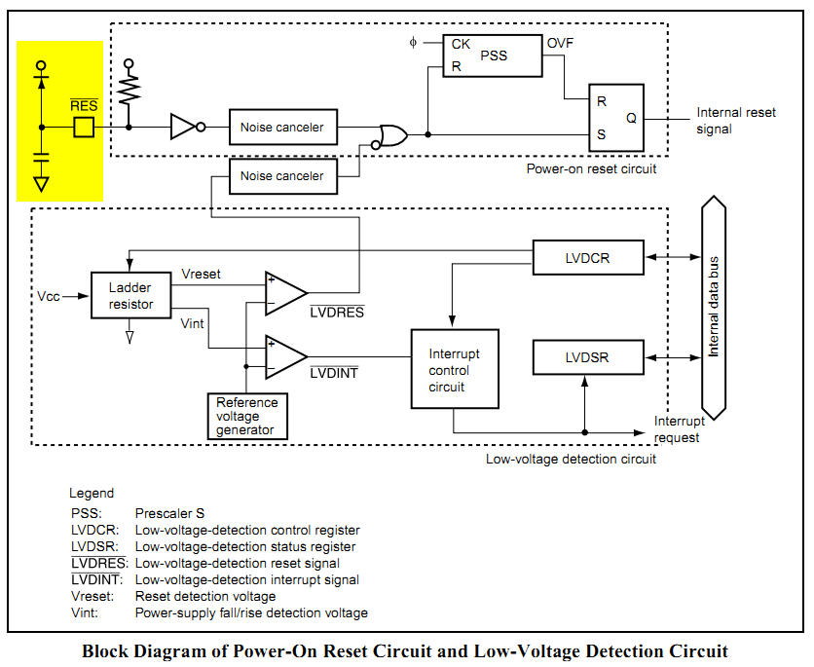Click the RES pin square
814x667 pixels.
tap(85, 127)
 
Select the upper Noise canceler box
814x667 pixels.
tap(281, 127)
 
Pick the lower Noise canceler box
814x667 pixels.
tap(281, 176)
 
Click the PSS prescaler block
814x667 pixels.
tap(492, 56)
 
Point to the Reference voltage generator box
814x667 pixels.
tap(247, 417)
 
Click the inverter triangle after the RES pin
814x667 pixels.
tap(183, 127)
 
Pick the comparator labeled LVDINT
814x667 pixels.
tap(285, 356)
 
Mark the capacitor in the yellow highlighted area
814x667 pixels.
tap(41, 155)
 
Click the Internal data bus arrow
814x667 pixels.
tap(714, 307)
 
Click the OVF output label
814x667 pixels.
tap(560, 44)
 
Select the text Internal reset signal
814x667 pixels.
tap(736, 120)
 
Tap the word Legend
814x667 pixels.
tap(92, 494)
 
